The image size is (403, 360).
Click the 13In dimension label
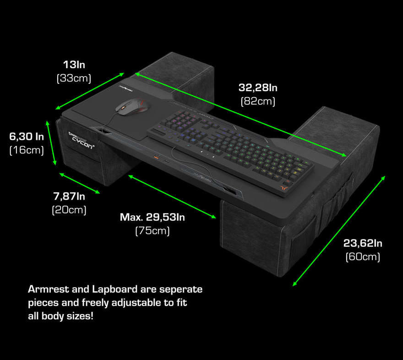coord(74,65)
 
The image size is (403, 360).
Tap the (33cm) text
coord(74,78)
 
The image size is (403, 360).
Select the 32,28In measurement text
coord(258,87)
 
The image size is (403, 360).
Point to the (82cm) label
coord(258,101)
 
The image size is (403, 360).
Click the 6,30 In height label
coord(27,136)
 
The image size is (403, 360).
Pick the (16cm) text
coord(27,150)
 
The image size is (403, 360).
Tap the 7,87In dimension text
coord(69,196)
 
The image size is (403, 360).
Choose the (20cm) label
coord(69,210)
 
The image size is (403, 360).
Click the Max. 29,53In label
coord(152,217)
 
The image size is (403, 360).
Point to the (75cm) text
coord(152,231)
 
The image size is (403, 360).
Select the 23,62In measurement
coord(363,243)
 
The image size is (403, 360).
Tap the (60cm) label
coord(363,256)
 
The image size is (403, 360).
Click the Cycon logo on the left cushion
coord(81,141)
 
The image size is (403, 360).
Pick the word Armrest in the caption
coord(49,289)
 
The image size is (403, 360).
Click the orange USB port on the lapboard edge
coord(156,157)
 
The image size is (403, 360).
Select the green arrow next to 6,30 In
coord(51,143)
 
